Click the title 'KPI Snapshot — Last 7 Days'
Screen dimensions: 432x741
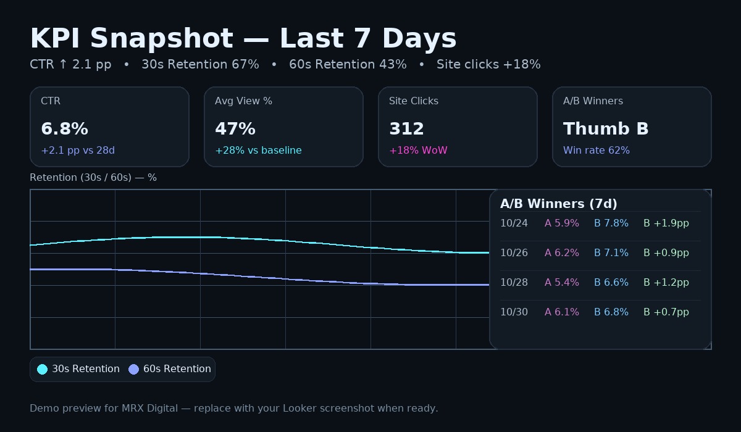(243, 39)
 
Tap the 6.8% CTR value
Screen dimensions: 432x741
(64, 129)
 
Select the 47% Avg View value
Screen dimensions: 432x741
(235, 129)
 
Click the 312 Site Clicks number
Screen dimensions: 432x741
(406, 129)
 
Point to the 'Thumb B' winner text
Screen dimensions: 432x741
(605, 129)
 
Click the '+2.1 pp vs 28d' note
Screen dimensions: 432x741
(78, 151)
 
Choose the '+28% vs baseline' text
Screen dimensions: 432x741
(258, 151)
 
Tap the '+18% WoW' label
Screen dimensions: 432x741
(418, 151)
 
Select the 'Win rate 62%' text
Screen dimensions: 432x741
(596, 151)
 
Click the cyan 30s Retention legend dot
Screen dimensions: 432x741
(42, 369)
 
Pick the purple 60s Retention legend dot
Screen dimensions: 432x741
(133, 369)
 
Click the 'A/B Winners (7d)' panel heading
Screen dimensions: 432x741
(558, 204)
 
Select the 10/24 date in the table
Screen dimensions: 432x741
(514, 223)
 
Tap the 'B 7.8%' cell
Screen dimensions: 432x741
(611, 223)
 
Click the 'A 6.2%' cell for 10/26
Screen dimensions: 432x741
(561, 253)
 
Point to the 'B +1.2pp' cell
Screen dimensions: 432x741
(666, 283)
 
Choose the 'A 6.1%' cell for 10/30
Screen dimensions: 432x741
(561, 312)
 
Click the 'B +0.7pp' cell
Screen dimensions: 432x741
(666, 312)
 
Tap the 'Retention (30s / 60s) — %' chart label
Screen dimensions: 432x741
(93, 178)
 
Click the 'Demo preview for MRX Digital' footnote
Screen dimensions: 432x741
(233, 409)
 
